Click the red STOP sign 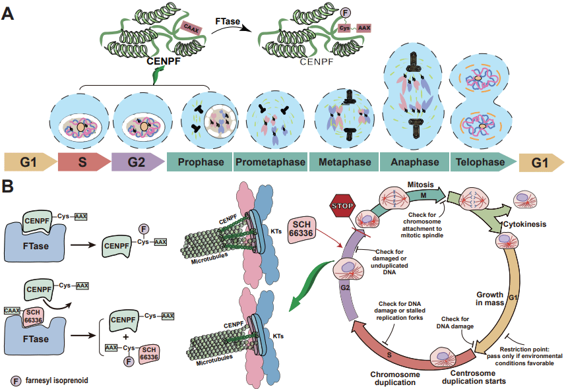click(344, 205)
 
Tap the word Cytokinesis click(525, 224)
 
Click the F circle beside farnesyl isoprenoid click(16, 380)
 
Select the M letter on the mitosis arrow click(423, 195)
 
